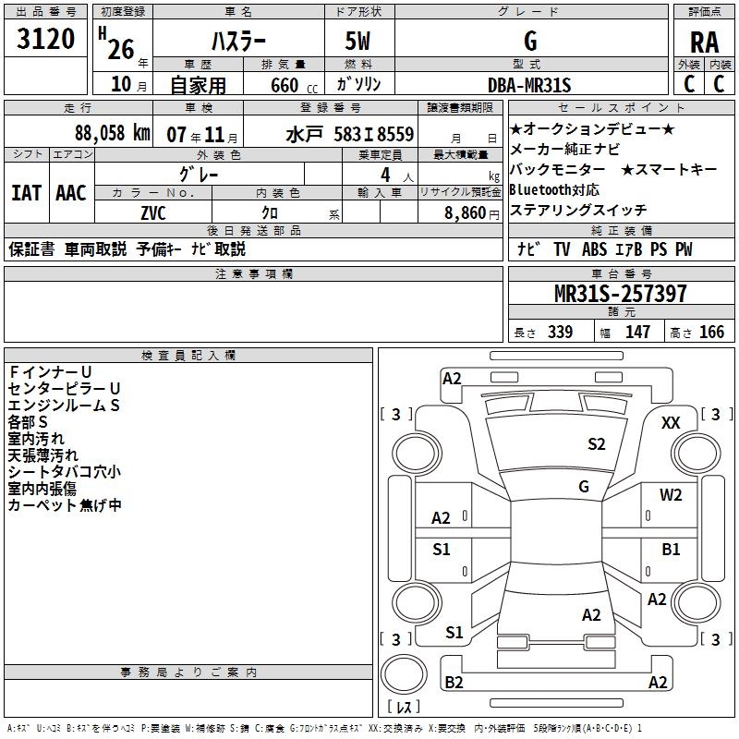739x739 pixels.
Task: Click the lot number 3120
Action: coord(46,40)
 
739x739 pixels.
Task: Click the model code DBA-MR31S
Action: coord(529,85)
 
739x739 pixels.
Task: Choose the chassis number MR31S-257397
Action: coord(621,294)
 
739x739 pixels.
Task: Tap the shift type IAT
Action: coord(27,192)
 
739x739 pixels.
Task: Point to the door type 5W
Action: coord(359,41)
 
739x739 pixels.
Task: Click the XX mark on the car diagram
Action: coord(671,422)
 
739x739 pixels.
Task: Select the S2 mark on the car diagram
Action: coord(597,444)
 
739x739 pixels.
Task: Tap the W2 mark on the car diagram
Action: coord(671,494)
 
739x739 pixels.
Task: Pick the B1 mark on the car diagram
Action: coord(672,549)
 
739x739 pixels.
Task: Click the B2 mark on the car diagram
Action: coord(454,682)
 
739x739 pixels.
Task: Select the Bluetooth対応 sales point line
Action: coord(553,189)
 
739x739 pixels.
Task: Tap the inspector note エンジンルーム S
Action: coord(63,405)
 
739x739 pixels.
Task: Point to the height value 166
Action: coord(712,332)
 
